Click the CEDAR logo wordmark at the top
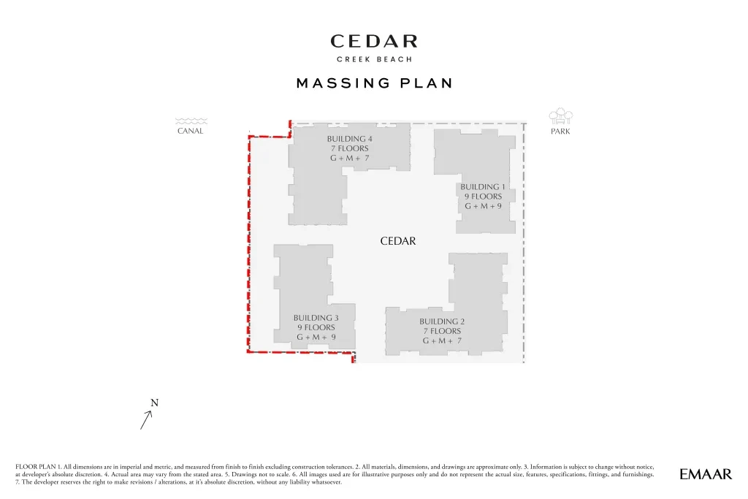(x=374, y=41)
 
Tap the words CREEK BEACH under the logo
(x=375, y=59)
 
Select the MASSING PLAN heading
(x=375, y=83)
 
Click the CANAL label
(x=191, y=131)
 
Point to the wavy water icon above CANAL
(x=191, y=121)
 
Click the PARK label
(x=560, y=132)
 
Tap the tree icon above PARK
(x=561, y=116)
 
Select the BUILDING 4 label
(x=350, y=139)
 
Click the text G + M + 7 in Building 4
(x=350, y=158)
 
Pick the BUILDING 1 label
(x=483, y=187)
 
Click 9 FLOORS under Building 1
(x=484, y=197)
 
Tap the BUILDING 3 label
(x=316, y=318)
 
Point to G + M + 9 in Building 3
(x=316, y=337)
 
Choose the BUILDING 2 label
(x=442, y=321)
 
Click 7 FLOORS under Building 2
(x=442, y=331)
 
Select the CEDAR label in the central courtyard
(x=398, y=241)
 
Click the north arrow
(x=146, y=420)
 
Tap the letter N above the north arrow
(x=155, y=403)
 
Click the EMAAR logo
(x=706, y=474)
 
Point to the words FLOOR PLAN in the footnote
(x=35, y=467)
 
